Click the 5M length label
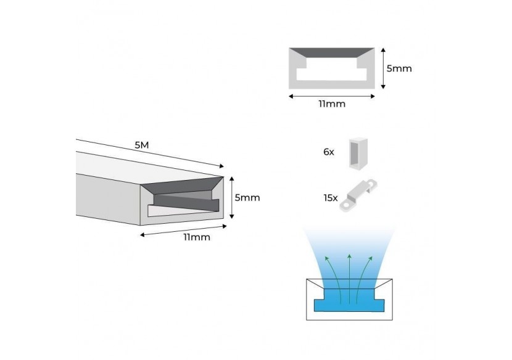141,145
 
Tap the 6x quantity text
328,152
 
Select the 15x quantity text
330,198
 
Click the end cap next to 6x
357,152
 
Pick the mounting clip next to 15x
359,195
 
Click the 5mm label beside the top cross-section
399,68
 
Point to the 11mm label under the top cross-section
332,104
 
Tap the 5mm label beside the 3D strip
247,198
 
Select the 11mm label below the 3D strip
197,237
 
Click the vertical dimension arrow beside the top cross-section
382,68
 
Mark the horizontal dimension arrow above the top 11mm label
332,96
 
